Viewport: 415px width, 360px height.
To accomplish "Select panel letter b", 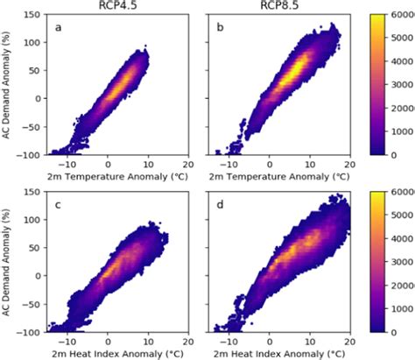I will point(219,27).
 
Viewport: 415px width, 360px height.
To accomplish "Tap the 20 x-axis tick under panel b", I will point(349,163).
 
